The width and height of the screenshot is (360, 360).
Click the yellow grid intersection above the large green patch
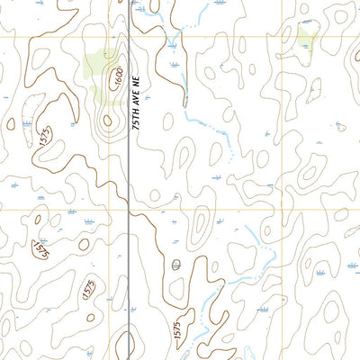(x=111, y=37)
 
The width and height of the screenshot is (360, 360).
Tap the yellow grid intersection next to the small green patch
(x=282, y=37)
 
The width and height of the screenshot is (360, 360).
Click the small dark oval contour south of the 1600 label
(x=108, y=119)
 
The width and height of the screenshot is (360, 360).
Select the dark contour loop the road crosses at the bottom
(x=130, y=345)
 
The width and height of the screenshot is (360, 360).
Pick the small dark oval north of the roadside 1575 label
(x=176, y=265)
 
